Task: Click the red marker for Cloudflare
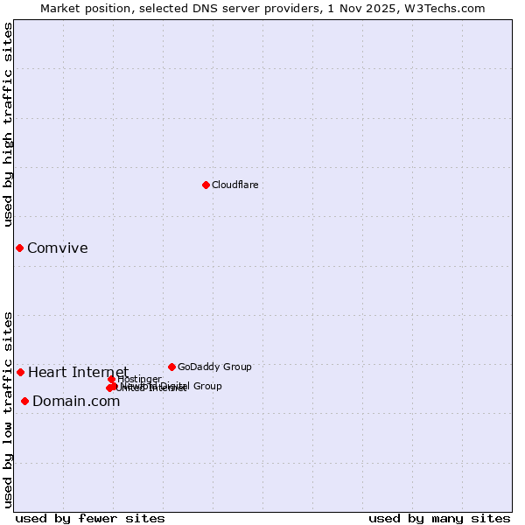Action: point(206,185)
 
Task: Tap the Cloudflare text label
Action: point(234,185)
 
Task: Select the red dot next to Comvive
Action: point(19,248)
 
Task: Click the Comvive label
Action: point(57,248)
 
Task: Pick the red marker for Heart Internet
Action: point(20,372)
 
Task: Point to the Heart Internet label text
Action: point(78,372)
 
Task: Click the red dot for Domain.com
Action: point(24,401)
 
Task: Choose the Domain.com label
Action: point(76,401)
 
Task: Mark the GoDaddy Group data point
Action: point(171,367)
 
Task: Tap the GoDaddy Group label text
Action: point(214,367)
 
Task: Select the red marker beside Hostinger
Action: point(112,379)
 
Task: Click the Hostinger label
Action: point(140,379)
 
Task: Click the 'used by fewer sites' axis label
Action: point(89,518)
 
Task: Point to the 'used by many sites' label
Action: point(439,518)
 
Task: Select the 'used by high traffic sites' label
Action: point(9,124)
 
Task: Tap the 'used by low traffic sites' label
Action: point(9,409)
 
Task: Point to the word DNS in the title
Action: point(189,8)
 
